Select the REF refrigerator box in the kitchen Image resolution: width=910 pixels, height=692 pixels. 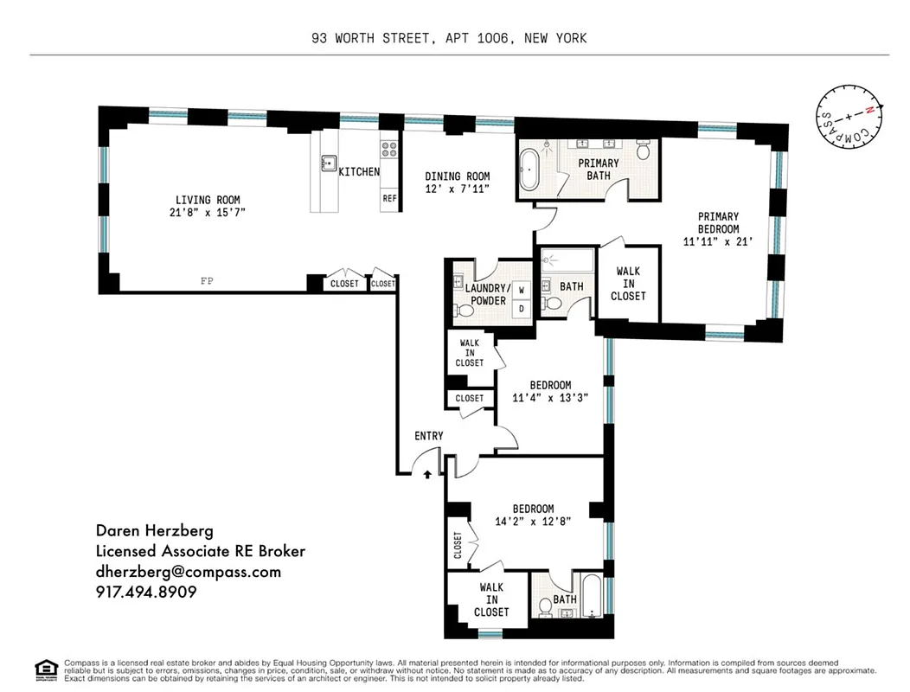click(x=389, y=198)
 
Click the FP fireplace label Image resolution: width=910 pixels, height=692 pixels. click(x=207, y=281)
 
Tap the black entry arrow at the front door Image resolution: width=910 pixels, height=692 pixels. click(x=426, y=473)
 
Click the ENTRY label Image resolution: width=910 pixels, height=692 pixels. click(x=429, y=436)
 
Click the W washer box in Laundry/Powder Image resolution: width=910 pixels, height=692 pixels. click(x=522, y=291)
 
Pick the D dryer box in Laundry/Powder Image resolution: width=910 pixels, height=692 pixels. click(x=522, y=308)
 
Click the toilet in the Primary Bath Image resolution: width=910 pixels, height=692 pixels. click(x=644, y=151)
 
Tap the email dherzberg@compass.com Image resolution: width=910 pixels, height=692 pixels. click(x=188, y=572)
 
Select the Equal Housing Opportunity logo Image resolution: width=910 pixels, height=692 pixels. click(x=45, y=667)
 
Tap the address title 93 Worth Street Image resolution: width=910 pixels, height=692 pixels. click(x=450, y=38)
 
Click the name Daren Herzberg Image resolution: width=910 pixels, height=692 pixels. click(x=154, y=531)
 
